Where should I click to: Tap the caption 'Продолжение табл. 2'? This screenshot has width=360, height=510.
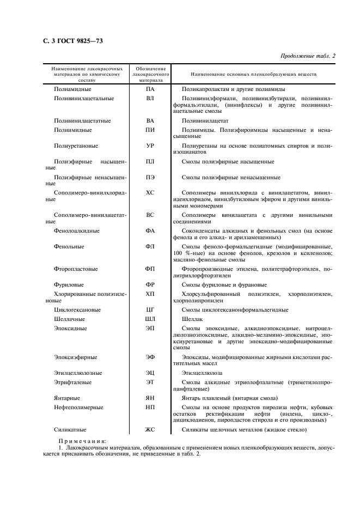click(308, 56)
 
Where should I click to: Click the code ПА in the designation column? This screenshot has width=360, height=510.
click(150, 89)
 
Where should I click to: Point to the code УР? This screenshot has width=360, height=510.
click(150, 146)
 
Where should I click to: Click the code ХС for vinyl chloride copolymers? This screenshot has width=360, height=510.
click(150, 193)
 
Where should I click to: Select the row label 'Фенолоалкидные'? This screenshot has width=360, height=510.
click(76, 231)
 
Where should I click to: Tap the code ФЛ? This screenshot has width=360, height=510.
click(150, 247)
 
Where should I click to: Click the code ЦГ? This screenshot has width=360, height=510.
click(150, 310)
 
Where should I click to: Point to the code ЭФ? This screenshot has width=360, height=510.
click(150, 357)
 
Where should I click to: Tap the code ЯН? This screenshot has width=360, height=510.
click(150, 398)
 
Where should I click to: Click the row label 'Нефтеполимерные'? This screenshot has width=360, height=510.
click(79, 408)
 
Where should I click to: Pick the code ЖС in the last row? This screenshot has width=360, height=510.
click(150, 430)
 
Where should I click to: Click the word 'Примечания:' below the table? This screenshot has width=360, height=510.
click(82, 441)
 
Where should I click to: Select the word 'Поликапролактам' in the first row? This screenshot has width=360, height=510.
click(205, 89)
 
